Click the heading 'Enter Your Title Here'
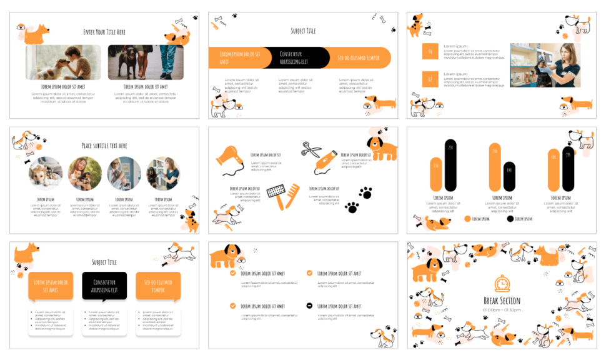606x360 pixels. pyautogui.click(x=104, y=32)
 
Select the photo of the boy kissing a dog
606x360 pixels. pyautogui.click(x=62, y=62)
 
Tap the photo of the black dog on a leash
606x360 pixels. pyautogui.click(x=146, y=62)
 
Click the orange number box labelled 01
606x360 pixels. pyautogui.click(x=430, y=52)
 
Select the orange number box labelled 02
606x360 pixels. pyautogui.click(x=430, y=79)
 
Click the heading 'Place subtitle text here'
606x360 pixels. pyautogui.click(x=104, y=146)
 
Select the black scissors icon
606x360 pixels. pyautogui.click(x=310, y=149)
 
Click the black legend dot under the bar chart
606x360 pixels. pyautogui.click(x=510, y=219)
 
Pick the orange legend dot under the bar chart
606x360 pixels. pyautogui.click(x=467, y=219)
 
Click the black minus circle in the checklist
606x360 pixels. pyautogui.click(x=310, y=306)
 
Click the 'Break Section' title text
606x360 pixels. pyautogui.click(x=501, y=301)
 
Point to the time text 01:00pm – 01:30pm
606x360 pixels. pyautogui.click(x=501, y=310)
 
